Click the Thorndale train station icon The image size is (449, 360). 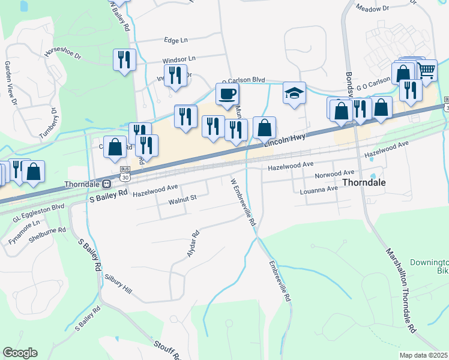pos(106,184)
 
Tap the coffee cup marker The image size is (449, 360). pos(228,94)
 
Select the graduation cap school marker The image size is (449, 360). pos(294,93)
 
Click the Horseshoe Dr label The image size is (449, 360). pos(62,53)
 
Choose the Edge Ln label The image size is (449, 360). pos(176,40)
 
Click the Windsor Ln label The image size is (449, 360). pos(179,60)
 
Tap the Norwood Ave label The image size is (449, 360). pos(335,176)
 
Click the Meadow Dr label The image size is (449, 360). pos(372,8)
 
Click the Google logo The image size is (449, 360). pos(20,353)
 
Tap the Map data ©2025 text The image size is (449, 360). pos(423,355)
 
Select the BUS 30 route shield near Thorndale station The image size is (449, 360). pos(125,174)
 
